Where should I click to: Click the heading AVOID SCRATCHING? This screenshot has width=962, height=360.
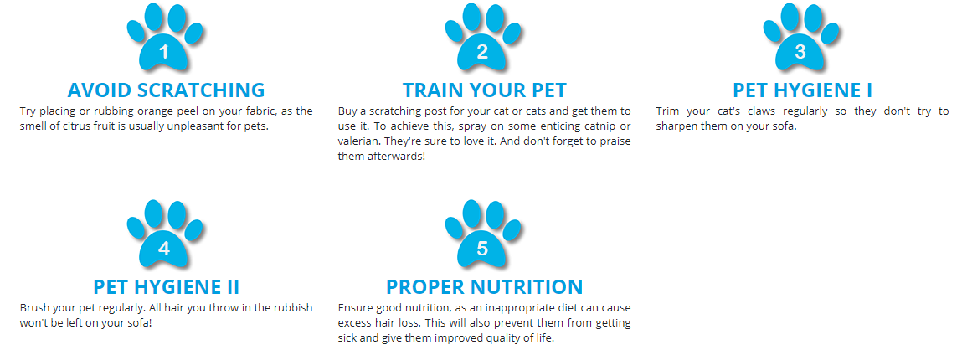tap(167, 90)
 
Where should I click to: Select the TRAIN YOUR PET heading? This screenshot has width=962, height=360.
tap(485, 90)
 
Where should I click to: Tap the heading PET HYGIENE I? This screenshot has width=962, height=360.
tap(802, 90)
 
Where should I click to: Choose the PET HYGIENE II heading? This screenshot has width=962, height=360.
tap(167, 286)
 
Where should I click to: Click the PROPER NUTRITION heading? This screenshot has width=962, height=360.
tap(485, 286)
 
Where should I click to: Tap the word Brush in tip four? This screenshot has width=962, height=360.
tap(33, 308)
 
